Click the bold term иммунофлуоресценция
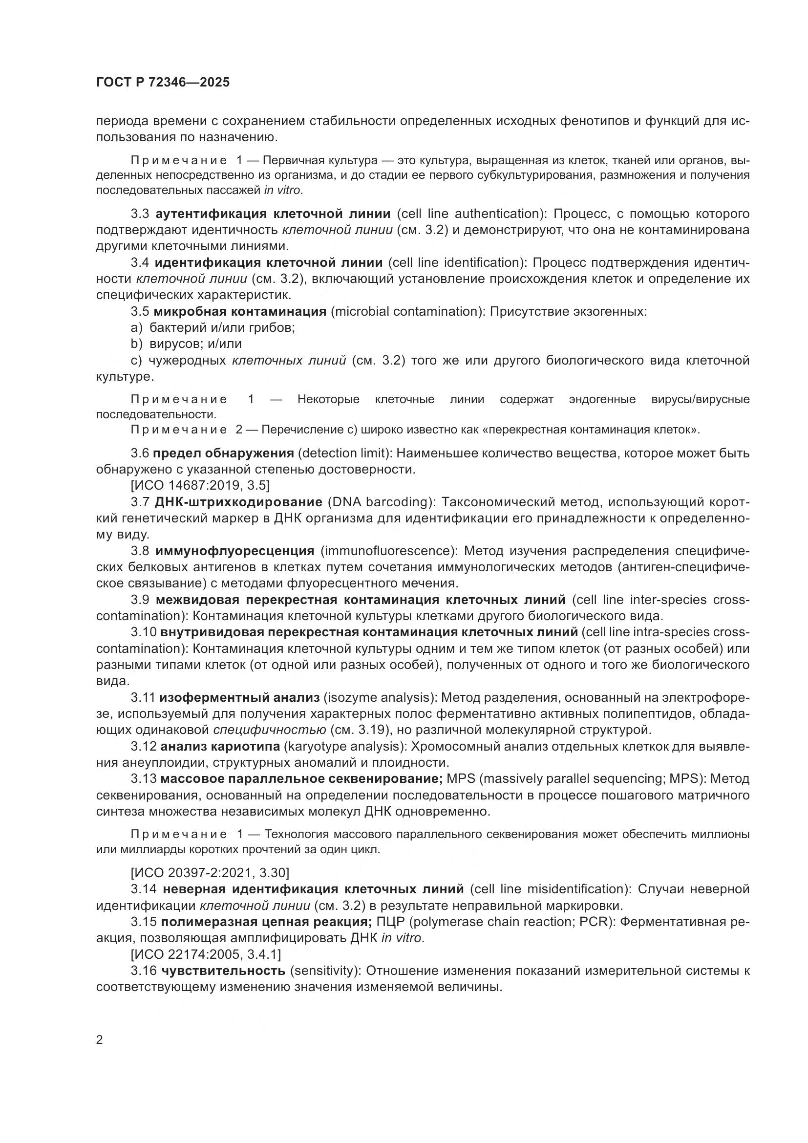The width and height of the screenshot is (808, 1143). [x=235, y=551]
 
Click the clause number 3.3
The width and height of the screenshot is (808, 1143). [x=140, y=214]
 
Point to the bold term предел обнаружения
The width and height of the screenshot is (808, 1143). [x=223, y=453]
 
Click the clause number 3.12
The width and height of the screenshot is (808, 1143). [x=143, y=747]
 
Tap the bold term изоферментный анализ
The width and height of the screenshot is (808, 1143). [x=240, y=698]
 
